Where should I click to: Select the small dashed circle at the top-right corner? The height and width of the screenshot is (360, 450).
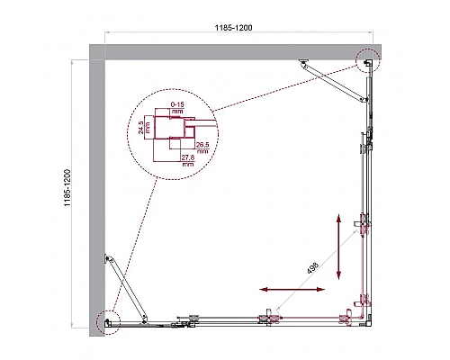[x=366, y=62]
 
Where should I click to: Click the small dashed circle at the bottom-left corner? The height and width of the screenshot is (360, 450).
[x=106, y=319]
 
